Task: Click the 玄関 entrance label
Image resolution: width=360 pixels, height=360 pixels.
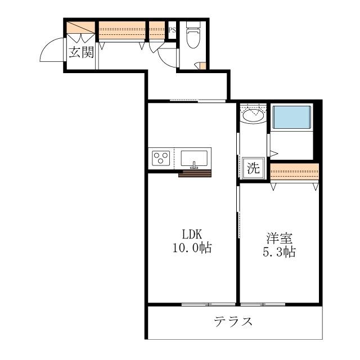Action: point(81,53)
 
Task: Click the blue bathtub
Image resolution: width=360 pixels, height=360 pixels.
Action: point(291,118)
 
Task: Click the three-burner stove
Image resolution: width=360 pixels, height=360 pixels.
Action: point(161,157)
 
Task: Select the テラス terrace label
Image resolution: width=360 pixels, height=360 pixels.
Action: point(233,322)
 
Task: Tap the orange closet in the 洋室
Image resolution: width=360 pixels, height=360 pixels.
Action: point(294,170)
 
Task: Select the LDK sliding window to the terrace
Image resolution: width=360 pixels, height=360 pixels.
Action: point(208,304)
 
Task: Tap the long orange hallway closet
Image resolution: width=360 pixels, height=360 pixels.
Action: point(123,30)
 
